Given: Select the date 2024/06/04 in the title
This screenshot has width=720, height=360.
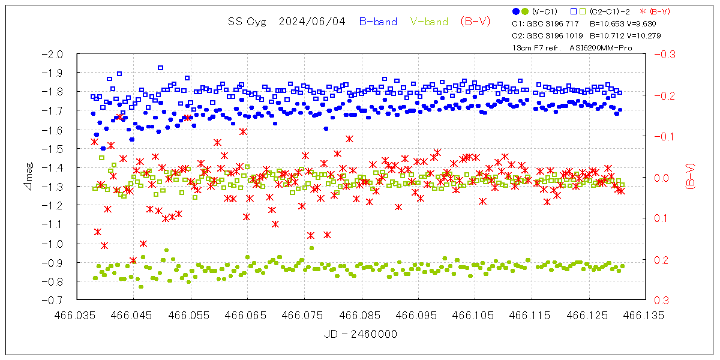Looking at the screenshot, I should pyautogui.click(x=312, y=22).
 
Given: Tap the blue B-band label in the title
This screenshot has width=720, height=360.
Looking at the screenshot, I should pyautogui.click(x=378, y=22).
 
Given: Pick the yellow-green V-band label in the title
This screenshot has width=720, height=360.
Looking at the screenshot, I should pyautogui.click(x=429, y=22).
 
